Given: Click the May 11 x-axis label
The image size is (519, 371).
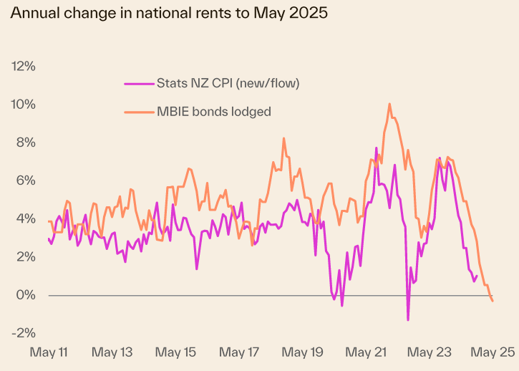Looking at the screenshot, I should tap(49, 352).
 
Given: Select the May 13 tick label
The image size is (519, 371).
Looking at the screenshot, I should tap(112, 352).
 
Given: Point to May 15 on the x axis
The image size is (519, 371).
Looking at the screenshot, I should tap(176, 352).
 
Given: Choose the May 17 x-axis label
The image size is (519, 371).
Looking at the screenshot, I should tap(239, 352).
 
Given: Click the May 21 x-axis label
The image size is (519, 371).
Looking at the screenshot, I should tap(366, 352).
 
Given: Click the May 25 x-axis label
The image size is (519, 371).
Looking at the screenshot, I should tap(493, 352).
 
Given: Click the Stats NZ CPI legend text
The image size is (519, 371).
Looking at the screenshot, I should tap(228, 83).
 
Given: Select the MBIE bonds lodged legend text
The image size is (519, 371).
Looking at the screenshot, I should tap(213, 111).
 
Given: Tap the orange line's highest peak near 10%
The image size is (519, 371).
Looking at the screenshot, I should tap(389, 104).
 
